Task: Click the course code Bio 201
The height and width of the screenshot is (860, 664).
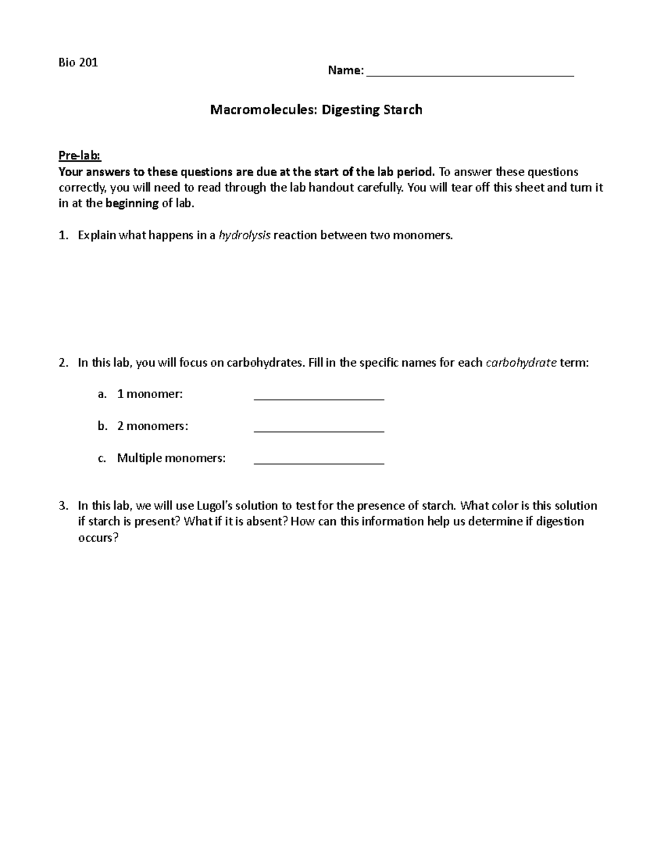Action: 78,62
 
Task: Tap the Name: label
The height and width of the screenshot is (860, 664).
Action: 346,70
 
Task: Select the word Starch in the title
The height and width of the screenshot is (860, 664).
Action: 402,110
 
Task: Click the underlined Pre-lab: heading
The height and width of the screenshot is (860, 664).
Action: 80,156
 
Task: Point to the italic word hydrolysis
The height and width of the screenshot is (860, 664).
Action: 245,235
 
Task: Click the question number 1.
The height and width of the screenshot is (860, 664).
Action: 63,235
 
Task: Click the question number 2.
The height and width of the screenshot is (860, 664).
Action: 63,363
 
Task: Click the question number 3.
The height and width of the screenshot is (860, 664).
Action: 63,506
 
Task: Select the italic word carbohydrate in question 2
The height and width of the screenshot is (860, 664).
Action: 521,363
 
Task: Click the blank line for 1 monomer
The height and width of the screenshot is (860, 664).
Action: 319,396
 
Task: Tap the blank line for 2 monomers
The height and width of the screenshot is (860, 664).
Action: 319,428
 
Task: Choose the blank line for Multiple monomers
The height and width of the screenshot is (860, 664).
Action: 319,460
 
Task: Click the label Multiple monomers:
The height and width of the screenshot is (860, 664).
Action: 172,458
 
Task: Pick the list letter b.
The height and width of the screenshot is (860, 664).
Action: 102,426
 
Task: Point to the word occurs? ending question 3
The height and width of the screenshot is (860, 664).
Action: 98,538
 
